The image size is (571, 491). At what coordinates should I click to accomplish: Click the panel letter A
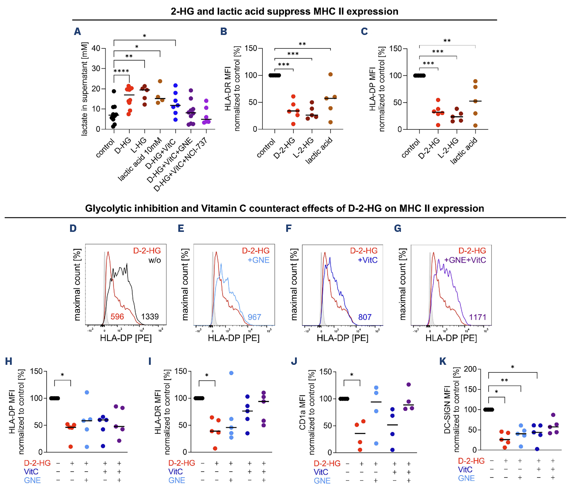click(x=78, y=31)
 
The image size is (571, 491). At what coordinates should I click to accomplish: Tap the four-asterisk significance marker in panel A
click(x=121, y=71)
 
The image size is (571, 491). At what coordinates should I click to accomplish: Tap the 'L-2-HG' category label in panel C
click(x=448, y=148)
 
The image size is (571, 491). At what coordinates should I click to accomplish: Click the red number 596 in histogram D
click(x=117, y=316)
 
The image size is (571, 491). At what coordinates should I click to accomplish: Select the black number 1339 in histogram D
click(x=150, y=316)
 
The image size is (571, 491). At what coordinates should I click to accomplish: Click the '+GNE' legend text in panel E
click(x=258, y=260)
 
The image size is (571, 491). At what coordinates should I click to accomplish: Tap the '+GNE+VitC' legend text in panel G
click(x=465, y=260)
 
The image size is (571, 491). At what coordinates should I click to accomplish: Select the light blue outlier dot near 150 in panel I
click(x=231, y=373)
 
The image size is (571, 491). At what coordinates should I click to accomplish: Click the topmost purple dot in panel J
click(x=409, y=384)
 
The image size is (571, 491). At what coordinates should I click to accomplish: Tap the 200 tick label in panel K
click(x=470, y=369)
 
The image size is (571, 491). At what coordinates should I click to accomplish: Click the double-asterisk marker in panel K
click(x=504, y=381)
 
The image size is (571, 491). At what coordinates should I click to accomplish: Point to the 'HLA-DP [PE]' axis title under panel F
click(x=342, y=338)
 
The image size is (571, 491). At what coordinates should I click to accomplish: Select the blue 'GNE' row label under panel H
click(x=32, y=480)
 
